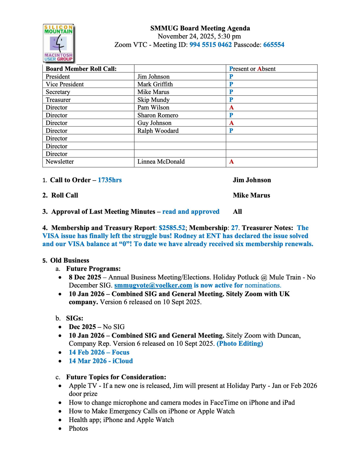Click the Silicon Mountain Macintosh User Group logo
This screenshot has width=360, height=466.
coord(58,43)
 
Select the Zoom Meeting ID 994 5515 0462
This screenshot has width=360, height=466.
coord(211,45)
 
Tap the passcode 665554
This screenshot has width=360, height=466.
coord(273,45)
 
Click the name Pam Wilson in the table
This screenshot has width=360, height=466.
coord(153,108)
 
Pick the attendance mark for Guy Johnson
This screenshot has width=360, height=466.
coord(231,123)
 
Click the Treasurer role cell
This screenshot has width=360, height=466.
coord(58,100)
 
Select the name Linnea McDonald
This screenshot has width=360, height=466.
coord(161,161)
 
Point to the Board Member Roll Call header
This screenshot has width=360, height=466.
coord(81,69)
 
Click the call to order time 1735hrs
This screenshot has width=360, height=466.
coord(110,180)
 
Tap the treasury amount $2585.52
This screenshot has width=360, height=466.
coord(172,228)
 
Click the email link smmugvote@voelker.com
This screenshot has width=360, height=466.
coord(153,285)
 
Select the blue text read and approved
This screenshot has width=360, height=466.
coord(191,212)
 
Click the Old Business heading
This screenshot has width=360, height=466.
coord(69,261)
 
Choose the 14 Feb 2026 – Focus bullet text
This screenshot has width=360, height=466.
coord(99,352)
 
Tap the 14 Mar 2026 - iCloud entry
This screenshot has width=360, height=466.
coord(101,361)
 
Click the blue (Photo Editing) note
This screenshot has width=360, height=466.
coord(240,344)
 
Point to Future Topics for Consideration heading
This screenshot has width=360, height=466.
coord(116,377)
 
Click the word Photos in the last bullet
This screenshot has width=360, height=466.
coord(78,429)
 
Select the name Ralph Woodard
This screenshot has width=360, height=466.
coord(158,131)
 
